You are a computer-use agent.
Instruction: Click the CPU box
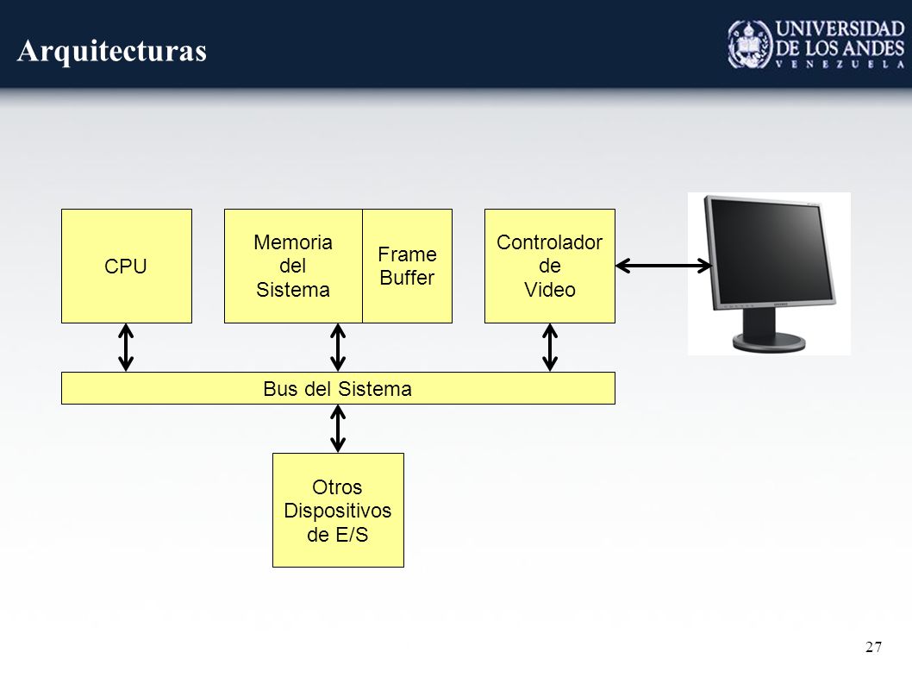[x=126, y=266]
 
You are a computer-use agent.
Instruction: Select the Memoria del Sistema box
[x=293, y=266]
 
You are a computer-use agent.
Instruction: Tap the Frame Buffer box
[x=407, y=266]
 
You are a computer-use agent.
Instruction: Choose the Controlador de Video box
[x=550, y=266]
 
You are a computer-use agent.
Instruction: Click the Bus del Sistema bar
[x=338, y=388]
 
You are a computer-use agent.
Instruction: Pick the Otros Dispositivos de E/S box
[x=338, y=510]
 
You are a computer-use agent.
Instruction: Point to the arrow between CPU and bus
[x=126, y=348]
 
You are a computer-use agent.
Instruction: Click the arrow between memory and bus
[x=338, y=348]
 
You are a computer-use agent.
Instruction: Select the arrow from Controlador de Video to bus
[x=550, y=348]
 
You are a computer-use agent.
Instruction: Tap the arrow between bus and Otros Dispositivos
[x=338, y=429]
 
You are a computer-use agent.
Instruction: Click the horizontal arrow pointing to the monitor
[x=664, y=266]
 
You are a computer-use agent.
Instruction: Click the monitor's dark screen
[x=769, y=248]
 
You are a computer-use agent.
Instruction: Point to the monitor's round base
[x=769, y=342]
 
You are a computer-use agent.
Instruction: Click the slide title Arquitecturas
[x=112, y=51]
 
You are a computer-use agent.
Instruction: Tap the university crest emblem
[x=750, y=44]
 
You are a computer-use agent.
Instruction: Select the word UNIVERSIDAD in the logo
[x=840, y=28]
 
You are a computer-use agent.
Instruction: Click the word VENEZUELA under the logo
[x=840, y=64]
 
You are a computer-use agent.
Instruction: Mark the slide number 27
[x=873, y=647]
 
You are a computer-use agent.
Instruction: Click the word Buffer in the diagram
[x=407, y=278]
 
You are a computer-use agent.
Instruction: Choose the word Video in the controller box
[x=550, y=289]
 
